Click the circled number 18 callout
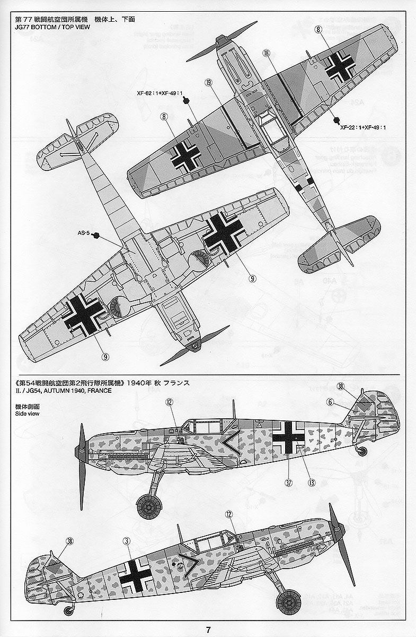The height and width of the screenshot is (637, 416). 266,53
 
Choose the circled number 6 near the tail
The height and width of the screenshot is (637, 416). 331,402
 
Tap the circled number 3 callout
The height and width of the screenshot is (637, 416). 126,541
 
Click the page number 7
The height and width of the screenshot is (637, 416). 208,630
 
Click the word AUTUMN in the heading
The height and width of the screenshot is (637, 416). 47,391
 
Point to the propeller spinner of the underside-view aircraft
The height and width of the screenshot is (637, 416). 195,346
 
